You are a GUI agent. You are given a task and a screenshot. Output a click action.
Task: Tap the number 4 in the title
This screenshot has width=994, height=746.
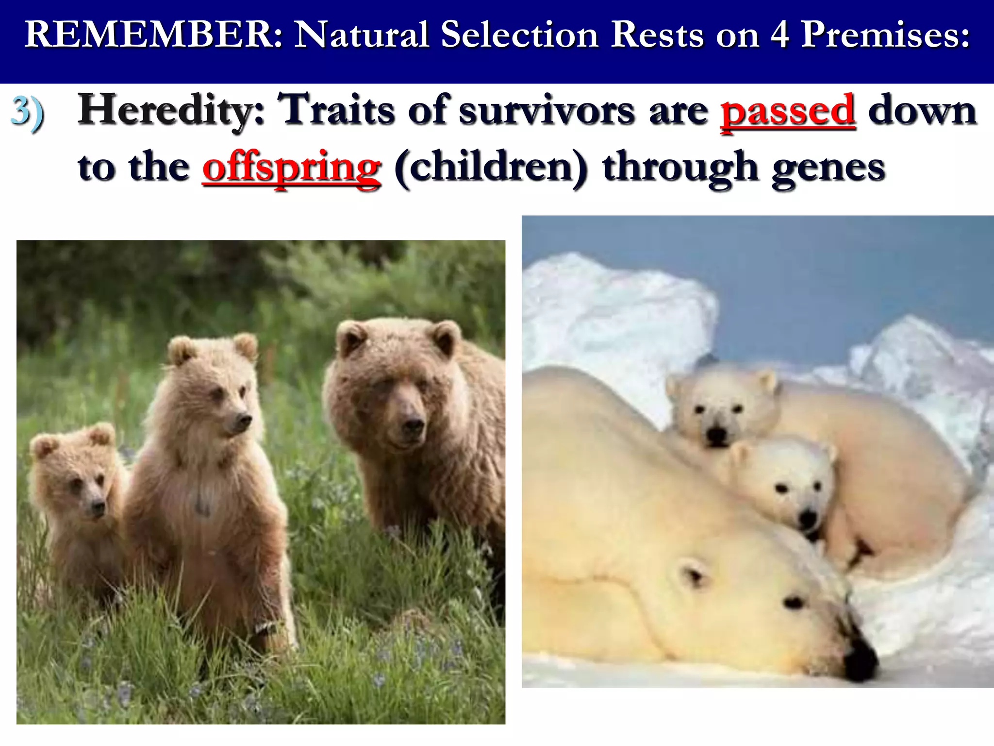(780, 35)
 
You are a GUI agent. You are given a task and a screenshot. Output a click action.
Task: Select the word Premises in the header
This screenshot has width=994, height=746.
(884, 35)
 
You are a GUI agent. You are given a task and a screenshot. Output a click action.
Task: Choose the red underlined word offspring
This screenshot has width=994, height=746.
(292, 168)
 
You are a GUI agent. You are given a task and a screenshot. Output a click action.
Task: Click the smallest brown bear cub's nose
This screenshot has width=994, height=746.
(99, 508)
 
